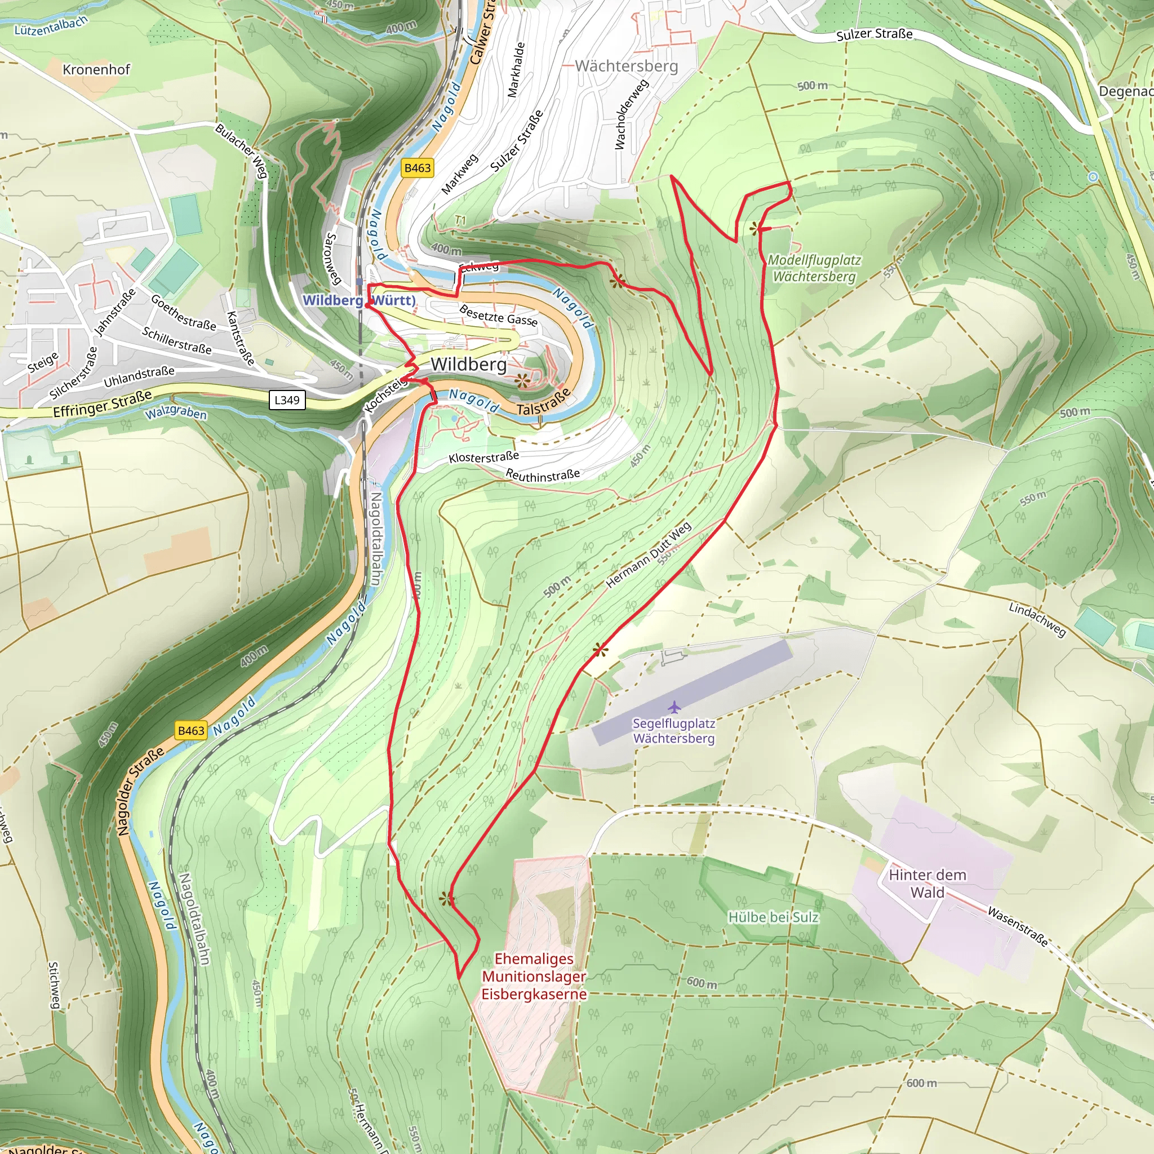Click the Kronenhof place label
[96, 70]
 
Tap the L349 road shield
[287, 400]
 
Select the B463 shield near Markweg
[417, 168]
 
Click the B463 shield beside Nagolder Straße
[191, 730]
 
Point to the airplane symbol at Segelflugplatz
[674, 707]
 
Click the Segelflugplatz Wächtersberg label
[674, 730]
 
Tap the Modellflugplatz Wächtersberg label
[814, 268]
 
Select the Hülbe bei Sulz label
[773, 917]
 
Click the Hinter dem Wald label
[927, 884]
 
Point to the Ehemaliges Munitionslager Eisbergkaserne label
[534, 976]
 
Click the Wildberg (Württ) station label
[359, 300]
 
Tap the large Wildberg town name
[468, 364]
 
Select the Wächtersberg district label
[626, 66]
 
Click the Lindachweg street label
[1037, 619]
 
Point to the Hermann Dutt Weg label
[649, 554]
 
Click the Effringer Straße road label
[102, 404]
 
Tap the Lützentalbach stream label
[51, 25]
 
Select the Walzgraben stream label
[176, 412]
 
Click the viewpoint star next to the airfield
[600, 650]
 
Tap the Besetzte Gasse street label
[498, 316]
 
